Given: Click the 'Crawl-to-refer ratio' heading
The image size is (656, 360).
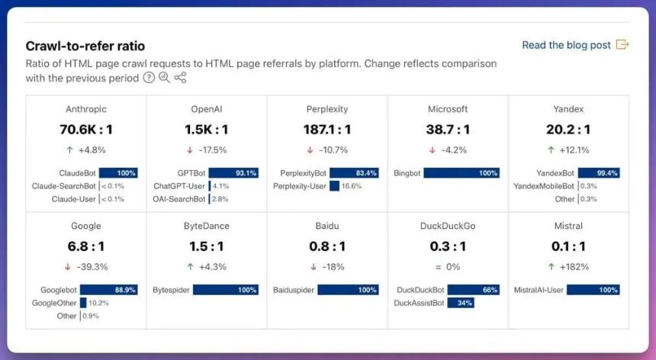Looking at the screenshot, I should coord(85,46).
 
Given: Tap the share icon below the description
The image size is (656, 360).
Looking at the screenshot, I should coord(180,78).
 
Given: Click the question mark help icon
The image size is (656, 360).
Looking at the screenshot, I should coord(149,78).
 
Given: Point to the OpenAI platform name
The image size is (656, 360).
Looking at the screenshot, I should coord(206,109).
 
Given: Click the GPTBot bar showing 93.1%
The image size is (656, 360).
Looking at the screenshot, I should coord(233,173).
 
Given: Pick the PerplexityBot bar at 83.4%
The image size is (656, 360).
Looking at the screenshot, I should coord(354,173).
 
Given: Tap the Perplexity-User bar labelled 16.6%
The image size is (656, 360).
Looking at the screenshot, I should coord(334,185).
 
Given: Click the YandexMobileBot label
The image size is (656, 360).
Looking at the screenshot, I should coord(544,186).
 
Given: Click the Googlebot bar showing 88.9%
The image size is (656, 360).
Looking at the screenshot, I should coord(108,290).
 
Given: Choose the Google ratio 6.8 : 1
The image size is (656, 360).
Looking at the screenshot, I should coord(85,246).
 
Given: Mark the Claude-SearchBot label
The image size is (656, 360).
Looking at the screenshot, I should coord(64,186).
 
